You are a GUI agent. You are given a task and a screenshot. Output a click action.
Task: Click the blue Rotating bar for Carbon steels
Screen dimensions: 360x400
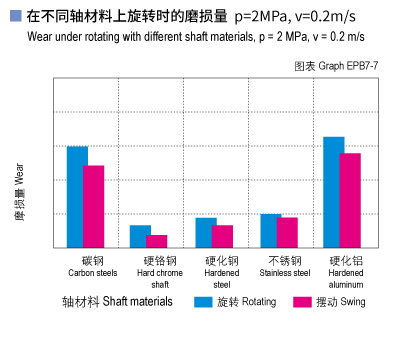click(x=77, y=196)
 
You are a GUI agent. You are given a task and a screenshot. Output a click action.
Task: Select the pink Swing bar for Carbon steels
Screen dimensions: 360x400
click(x=94, y=206)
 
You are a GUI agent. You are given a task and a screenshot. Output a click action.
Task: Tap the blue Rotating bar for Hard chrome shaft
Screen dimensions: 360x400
click(x=141, y=236)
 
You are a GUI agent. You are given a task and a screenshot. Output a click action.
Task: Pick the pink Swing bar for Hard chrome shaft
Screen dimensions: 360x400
click(x=157, y=241)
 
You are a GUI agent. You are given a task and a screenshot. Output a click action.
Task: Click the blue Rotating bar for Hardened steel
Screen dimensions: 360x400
click(x=205, y=232)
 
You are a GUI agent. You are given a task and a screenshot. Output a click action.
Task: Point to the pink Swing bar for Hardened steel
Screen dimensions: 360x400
click(x=222, y=236)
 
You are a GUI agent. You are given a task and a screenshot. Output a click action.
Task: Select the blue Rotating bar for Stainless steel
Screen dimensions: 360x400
click(x=270, y=230)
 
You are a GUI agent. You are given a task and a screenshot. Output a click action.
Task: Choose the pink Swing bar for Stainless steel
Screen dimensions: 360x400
click(x=287, y=232)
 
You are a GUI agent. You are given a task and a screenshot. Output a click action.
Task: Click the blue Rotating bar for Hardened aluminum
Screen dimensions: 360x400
click(x=334, y=191)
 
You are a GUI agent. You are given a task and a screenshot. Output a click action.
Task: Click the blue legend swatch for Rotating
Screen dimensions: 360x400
click(x=204, y=302)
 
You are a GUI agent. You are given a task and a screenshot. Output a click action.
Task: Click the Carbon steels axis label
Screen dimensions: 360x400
click(x=93, y=266)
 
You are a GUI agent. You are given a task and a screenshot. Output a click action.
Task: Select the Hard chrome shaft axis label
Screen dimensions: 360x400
click(x=159, y=271)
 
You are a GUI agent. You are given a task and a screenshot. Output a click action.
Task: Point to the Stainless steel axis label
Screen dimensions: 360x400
click(x=285, y=266)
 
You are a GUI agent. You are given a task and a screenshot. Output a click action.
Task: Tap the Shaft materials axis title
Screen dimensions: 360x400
click(x=117, y=301)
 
